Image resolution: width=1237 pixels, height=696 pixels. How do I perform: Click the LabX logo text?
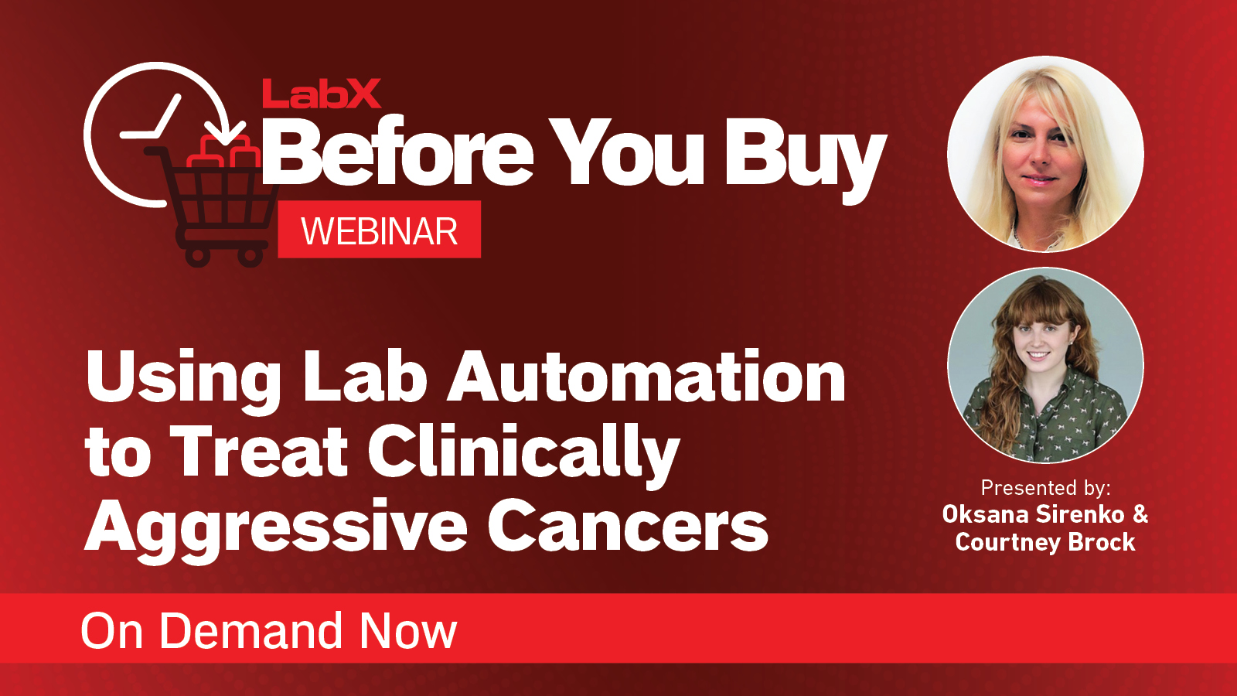point(322,94)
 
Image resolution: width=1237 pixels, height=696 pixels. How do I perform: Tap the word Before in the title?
point(398,153)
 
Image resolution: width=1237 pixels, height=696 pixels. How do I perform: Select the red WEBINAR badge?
point(379,230)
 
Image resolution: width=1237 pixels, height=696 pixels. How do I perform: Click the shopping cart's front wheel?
point(250,255)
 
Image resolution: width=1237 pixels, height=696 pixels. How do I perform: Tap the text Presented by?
point(1045,488)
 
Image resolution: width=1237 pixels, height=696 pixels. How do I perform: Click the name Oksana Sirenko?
point(1033,514)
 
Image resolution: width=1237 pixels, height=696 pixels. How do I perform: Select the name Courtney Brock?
point(1045,542)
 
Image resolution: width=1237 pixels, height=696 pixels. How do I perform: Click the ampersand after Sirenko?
point(1140,514)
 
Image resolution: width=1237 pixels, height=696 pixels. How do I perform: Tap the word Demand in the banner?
point(251,631)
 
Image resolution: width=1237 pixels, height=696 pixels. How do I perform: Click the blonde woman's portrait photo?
point(1045,154)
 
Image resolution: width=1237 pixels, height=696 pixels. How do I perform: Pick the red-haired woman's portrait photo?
point(1045,365)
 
